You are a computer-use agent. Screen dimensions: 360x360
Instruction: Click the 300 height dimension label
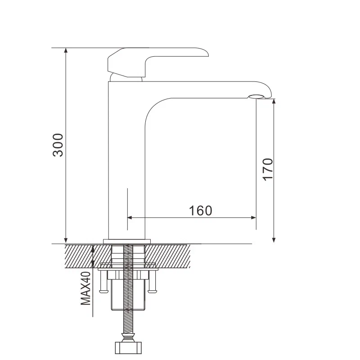pyautogui.click(x=58, y=145)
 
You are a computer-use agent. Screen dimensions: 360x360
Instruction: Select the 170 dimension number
pyautogui.click(x=267, y=169)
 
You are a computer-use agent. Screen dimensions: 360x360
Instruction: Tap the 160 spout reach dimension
pyautogui.click(x=200, y=210)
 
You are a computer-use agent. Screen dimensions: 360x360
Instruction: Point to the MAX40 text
pyautogui.click(x=85, y=288)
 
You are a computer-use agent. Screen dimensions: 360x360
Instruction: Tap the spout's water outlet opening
pyautogui.click(x=258, y=96)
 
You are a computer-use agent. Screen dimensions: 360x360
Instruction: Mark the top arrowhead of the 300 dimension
pyautogui.click(x=66, y=51)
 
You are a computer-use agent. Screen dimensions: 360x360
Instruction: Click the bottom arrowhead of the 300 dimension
pyautogui.click(x=66, y=239)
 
